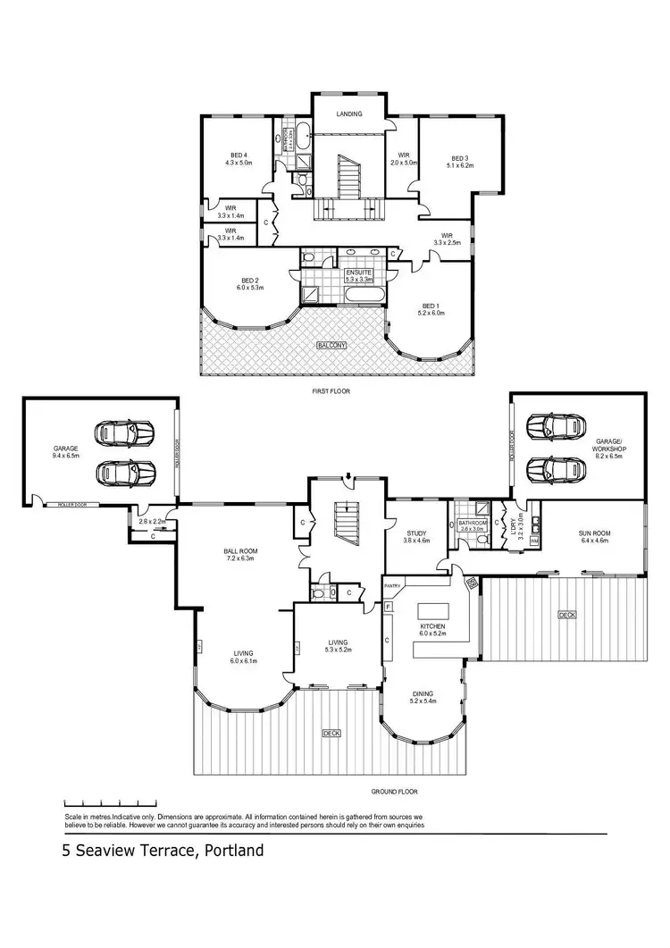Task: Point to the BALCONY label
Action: click(x=331, y=345)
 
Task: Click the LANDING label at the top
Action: click(x=348, y=114)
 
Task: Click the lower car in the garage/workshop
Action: click(x=550, y=467)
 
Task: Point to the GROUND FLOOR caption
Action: click(x=394, y=792)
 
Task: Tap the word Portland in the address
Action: click(x=234, y=851)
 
